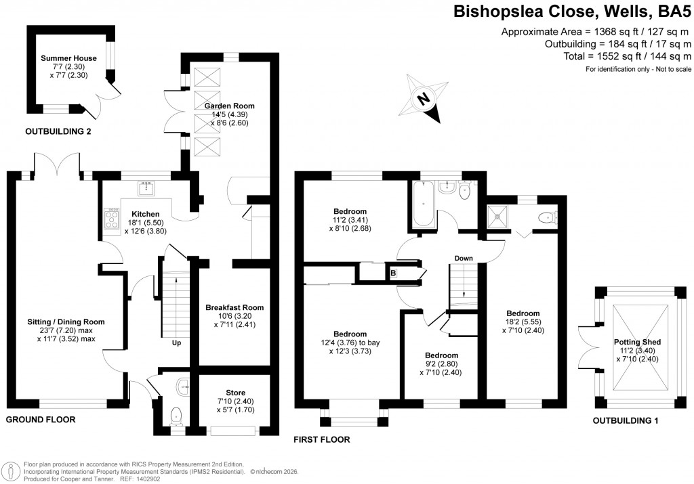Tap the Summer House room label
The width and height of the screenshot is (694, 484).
68,58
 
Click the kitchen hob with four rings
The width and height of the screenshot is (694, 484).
110,218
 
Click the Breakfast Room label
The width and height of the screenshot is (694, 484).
234,307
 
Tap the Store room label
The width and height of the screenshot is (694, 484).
235,393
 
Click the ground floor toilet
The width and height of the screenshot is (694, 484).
177,416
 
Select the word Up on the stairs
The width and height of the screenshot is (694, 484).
176,343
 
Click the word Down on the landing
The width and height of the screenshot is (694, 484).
464,258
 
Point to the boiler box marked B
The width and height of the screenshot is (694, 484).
392,273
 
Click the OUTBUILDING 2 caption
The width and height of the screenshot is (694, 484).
58,131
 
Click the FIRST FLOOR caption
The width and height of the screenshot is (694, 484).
321,439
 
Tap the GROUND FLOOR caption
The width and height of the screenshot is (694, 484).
40,420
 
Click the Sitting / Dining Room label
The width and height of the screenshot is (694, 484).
66,321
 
